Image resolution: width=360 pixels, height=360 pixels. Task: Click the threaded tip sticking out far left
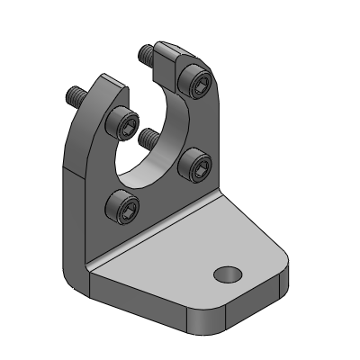[71, 93]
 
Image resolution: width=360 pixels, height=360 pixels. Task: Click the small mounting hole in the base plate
[227, 273]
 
